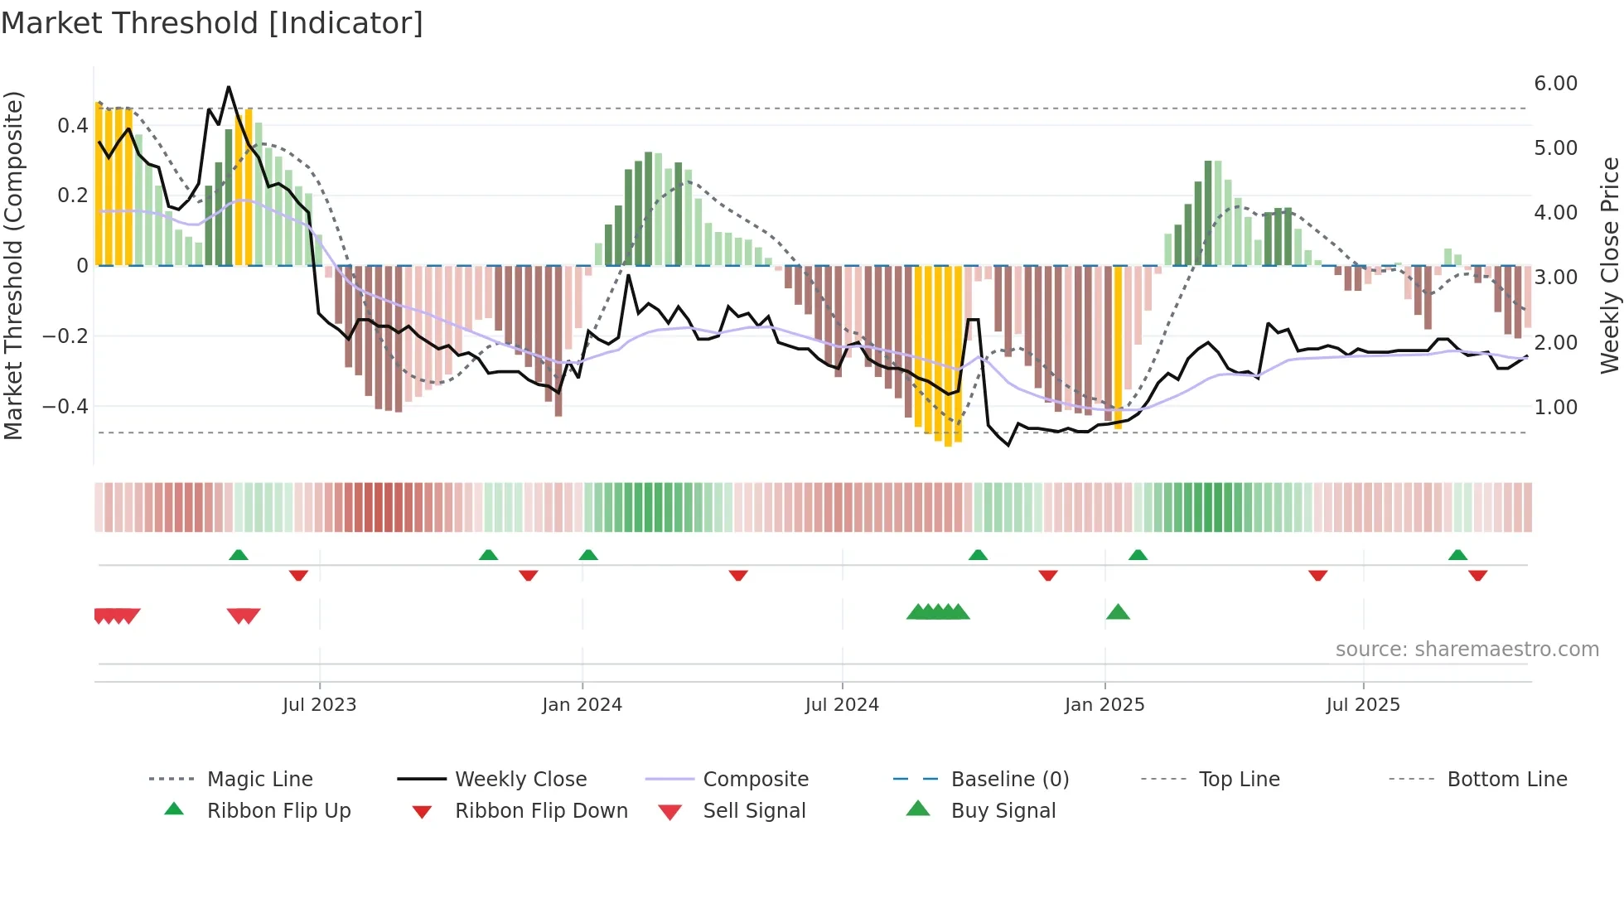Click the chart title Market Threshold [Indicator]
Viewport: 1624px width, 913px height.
[x=212, y=23]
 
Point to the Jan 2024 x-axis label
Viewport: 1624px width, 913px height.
[x=582, y=705]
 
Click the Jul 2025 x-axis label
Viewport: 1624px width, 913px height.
[x=1363, y=705]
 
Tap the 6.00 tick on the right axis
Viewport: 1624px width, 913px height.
[x=1555, y=84]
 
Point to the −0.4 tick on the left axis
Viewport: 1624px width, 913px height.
[x=65, y=407]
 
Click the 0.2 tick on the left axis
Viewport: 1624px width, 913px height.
[x=72, y=196]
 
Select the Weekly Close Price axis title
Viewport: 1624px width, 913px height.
[x=1609, y=265]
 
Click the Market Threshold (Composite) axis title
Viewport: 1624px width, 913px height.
[x=13, y=265]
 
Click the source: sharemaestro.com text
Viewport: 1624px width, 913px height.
[x=1467, y=650]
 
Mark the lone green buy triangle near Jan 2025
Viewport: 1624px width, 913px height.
[x=1118, y=613]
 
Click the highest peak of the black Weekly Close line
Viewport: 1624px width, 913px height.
[x=229, y=87]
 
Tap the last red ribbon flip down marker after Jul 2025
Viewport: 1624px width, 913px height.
[x=1477, y=575]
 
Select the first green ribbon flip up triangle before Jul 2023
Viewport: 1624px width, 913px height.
[x=239, y=554]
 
